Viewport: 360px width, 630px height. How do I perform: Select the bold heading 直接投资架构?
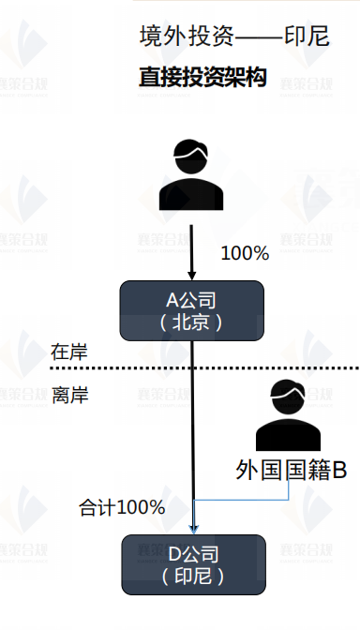(x=202, y=77)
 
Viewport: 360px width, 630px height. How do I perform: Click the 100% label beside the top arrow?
(x=244, y=253)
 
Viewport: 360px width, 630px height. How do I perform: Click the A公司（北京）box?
(x=191, y=311)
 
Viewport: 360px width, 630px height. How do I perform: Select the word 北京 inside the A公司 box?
(x=192, y=322)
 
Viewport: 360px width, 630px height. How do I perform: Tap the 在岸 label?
(x=69, y=352)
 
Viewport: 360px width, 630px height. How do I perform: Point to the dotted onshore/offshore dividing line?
(x=281, y=367)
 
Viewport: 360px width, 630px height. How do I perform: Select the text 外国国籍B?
(x=292, y=469)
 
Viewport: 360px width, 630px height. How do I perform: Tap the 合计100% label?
(x=122, y=507)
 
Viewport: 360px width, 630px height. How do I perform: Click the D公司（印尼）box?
(x=191, y=563)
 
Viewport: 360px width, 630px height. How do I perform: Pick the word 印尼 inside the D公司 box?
(x=191, y=575)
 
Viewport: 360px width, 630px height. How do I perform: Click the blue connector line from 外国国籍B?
(x=281, y=499)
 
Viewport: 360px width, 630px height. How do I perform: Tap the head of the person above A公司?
(x=192, y=154)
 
